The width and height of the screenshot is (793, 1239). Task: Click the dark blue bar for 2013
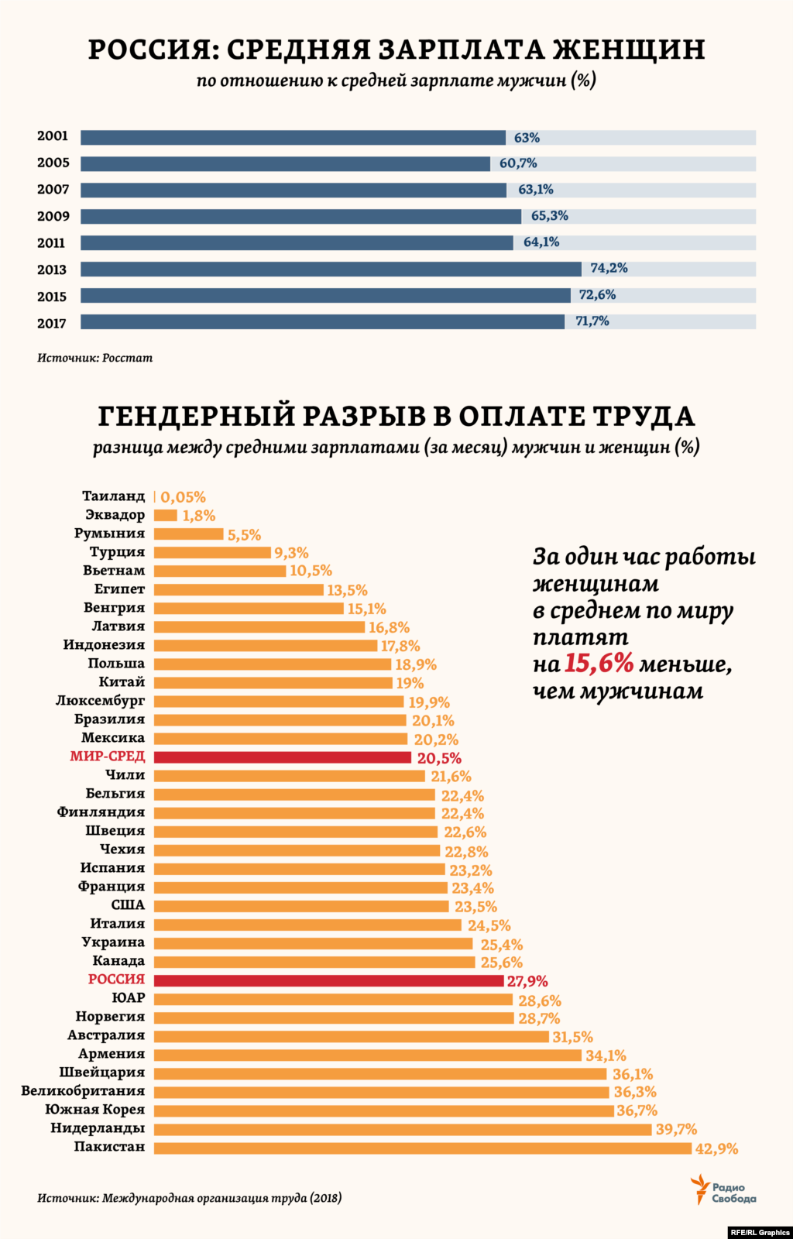pos(331,269)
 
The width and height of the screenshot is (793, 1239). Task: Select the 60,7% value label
pos(518,163)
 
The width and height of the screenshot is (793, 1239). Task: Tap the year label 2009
pos(53,216)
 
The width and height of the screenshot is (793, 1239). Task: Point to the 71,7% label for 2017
pos(592,321)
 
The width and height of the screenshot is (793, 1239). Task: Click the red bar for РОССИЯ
pos(328,980)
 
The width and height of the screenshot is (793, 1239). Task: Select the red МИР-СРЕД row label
pos(107,757)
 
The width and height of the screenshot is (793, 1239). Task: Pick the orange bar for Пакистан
pos(422,1148)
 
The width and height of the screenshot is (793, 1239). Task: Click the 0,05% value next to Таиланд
pos(183,497)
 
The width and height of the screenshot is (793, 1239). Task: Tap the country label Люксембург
pos(100,701)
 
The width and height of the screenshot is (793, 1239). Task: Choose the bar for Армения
pos(367,1055)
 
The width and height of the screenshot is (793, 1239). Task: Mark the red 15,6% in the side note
pos(599,664)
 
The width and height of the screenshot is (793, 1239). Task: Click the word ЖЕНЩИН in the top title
pos(628,50)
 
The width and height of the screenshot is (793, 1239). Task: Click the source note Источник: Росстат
pos(94,358)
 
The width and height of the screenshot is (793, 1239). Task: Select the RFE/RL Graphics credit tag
pos(759,1232)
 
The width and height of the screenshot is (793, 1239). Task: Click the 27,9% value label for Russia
pos(527,981)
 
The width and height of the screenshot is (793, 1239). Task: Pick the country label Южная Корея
pos(94,1110)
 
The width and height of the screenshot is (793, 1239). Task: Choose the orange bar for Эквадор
pos(165,516)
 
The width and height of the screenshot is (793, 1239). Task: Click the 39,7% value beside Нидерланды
pos(676,1130)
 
